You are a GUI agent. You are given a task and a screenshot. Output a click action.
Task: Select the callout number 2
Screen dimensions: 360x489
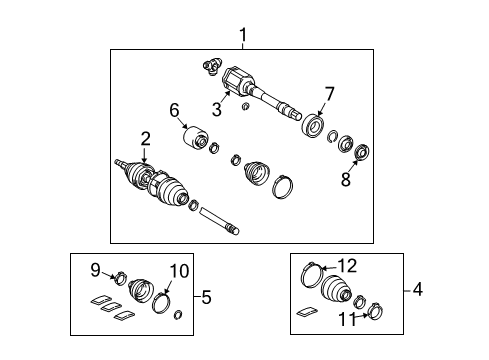(145, 138)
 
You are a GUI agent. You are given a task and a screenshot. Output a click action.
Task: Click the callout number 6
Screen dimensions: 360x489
(173, 110)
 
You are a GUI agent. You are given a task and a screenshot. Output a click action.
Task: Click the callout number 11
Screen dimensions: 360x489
(346, 320)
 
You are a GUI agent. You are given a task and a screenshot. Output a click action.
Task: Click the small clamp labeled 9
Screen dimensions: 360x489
(117, 278)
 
